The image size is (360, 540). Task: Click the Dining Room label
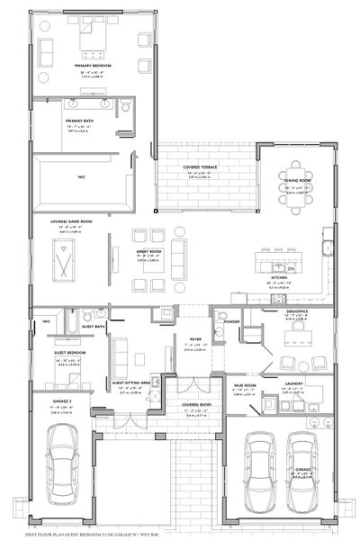point(297,183)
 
